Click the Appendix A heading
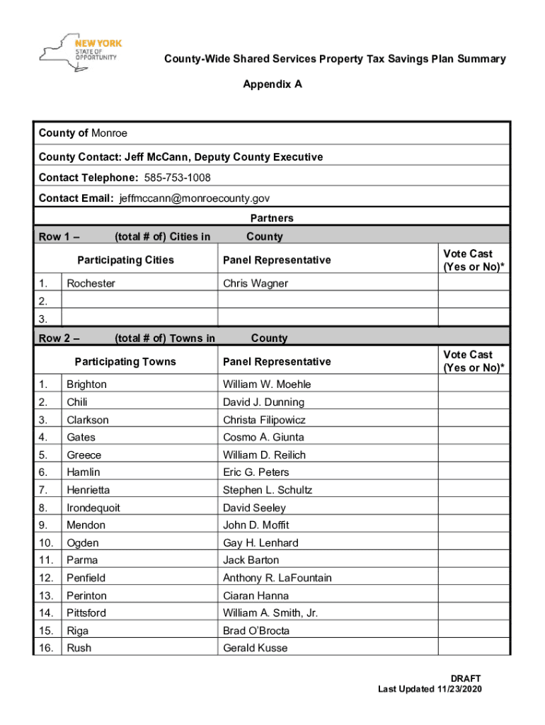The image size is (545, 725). (x=272, y=84)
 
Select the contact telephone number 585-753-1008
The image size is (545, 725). (x=177, y=177)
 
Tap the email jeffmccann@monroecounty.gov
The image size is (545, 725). (x=194, y=198)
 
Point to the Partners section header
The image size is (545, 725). (x=272, y=218)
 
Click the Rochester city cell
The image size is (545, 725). (x=91, y=283)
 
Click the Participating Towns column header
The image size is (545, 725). (x=125, y=362)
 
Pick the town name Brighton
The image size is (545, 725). (x=86, y=384)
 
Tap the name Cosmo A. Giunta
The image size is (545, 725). (x=258, y=438)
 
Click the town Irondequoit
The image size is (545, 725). (x=93, y=508)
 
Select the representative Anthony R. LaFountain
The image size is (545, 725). (x=277, y=578)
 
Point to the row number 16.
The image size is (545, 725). (x=46, y=648)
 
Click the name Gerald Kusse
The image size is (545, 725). (x=256, y=648)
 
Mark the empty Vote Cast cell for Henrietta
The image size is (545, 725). (x=474, y=490)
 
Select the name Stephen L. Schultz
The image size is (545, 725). (x=267, y=490)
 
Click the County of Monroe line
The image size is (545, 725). (x=83, y=133)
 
